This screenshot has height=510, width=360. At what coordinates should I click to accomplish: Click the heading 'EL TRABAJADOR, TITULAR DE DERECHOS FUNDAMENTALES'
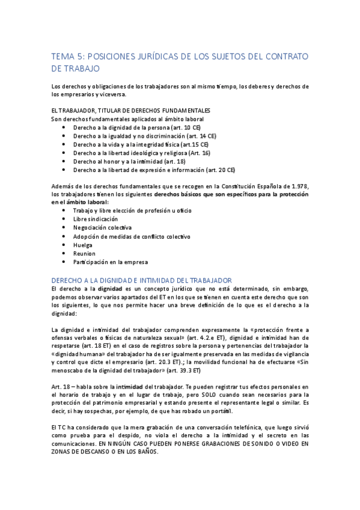click(131, 111)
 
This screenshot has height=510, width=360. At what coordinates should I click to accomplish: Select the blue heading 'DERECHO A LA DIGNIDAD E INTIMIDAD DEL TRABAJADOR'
click(142, 280)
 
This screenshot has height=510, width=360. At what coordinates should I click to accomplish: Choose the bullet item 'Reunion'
click(84, 253)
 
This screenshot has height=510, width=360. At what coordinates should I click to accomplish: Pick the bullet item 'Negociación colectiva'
click(102, 228)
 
